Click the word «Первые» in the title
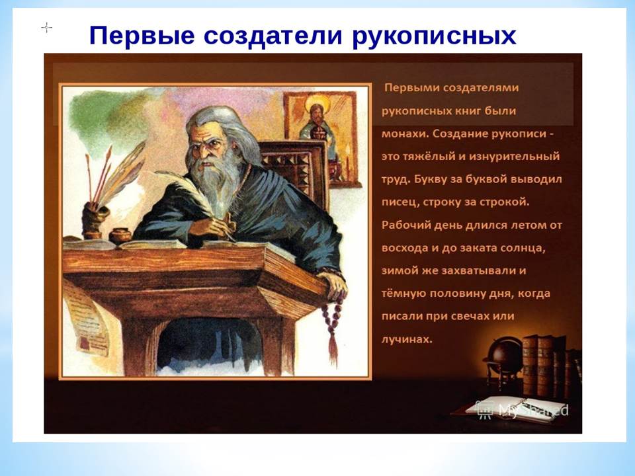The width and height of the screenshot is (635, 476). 142,35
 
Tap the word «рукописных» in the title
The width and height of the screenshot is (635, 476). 434,36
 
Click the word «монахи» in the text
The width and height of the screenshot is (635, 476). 405,134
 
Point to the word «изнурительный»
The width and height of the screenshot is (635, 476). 514,156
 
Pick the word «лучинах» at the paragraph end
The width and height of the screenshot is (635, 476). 407,339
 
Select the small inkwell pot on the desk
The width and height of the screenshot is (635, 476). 120,235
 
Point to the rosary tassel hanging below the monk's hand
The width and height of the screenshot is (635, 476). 333,349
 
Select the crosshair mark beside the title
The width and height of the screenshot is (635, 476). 47,28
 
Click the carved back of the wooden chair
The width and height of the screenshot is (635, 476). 295,170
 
